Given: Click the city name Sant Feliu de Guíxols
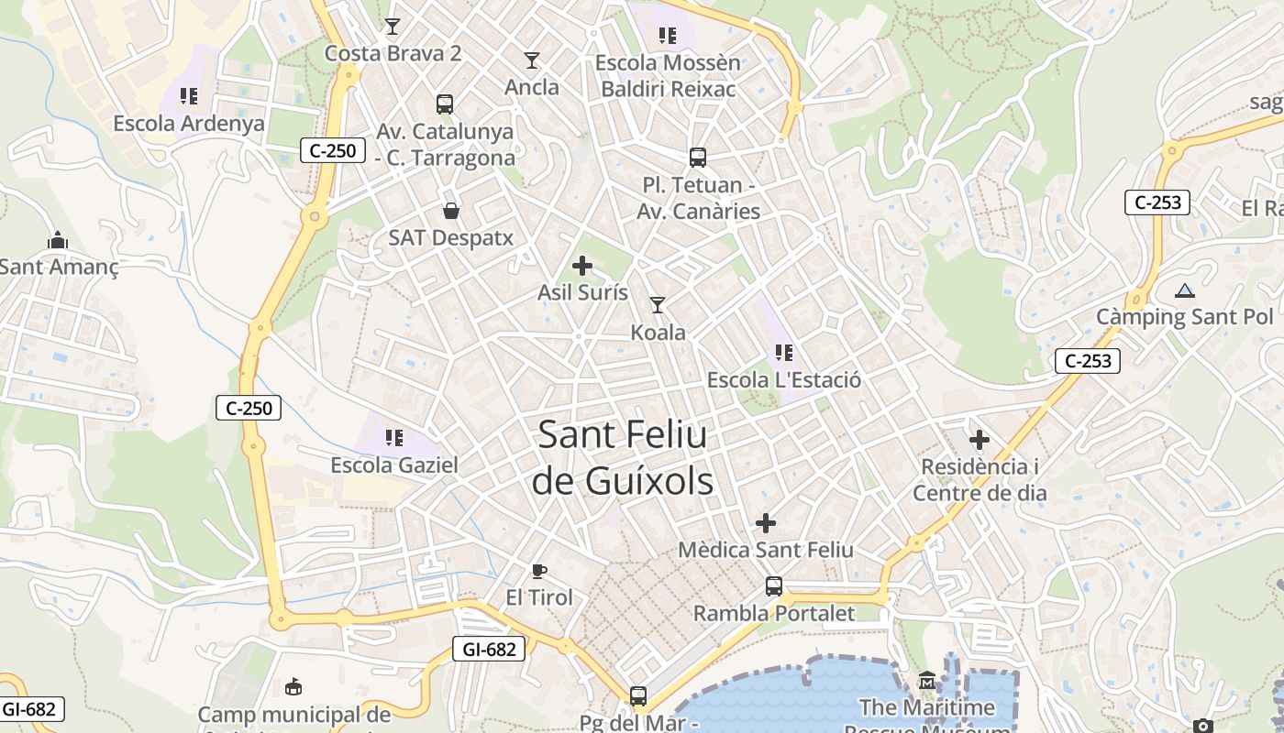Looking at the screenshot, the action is tap(623, 456).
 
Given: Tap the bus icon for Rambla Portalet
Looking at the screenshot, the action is tap(774, 586).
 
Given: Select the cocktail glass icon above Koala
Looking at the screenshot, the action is tap(658, 304).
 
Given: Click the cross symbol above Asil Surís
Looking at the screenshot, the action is tap(582, 266).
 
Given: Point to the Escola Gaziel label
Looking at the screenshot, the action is tap(394, 465).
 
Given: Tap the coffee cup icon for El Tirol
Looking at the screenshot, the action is tap(539, 571).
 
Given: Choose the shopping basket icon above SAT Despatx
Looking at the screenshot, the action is tap(451, 211).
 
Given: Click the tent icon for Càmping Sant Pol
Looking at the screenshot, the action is tap(1185, 291).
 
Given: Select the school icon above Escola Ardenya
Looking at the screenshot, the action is tap(189, 96).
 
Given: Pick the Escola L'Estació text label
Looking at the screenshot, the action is tap(784, 379).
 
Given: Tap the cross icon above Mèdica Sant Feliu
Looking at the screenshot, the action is tap(766, 523).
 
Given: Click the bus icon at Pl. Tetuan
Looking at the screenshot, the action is tap(698, 158).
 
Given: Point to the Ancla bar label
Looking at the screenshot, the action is tap(532, 87).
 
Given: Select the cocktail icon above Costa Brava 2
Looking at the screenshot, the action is tap(393, 26).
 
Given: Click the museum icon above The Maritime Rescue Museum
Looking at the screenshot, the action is tap(927, 681).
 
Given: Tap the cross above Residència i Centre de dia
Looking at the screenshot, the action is tap(980, 440).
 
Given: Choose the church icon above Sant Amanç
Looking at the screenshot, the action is tap(58, 240).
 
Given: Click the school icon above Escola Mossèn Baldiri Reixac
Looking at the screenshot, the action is tap(668, 36).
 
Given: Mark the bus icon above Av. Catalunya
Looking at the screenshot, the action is tap(445, 104).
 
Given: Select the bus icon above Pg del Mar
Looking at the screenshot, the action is tap(638, 696).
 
